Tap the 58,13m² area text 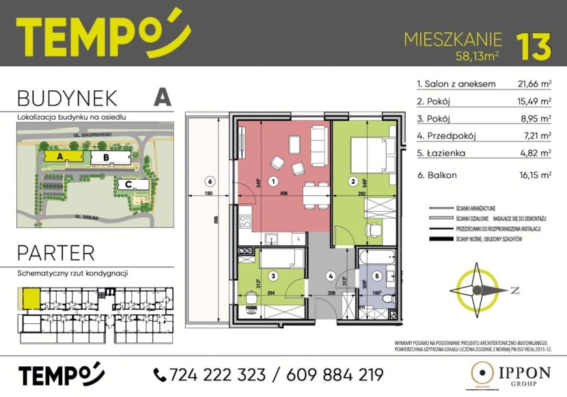(475, 55)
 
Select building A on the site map (60, 157)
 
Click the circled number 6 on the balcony (210, 182)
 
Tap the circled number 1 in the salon (272, 182)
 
